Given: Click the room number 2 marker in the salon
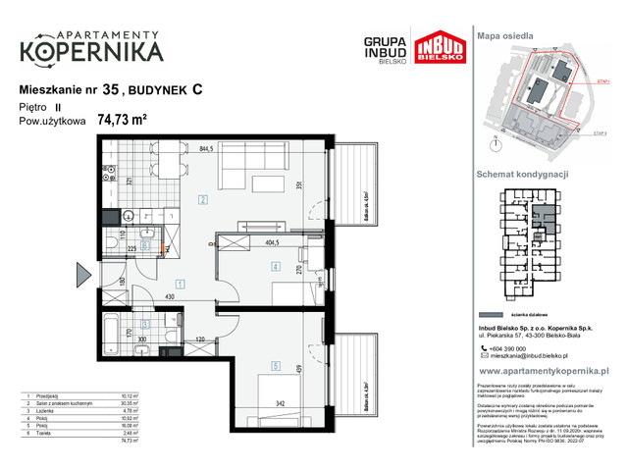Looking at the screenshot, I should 202,200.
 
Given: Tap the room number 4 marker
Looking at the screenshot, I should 277,266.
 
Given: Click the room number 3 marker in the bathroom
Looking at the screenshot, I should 146,324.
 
